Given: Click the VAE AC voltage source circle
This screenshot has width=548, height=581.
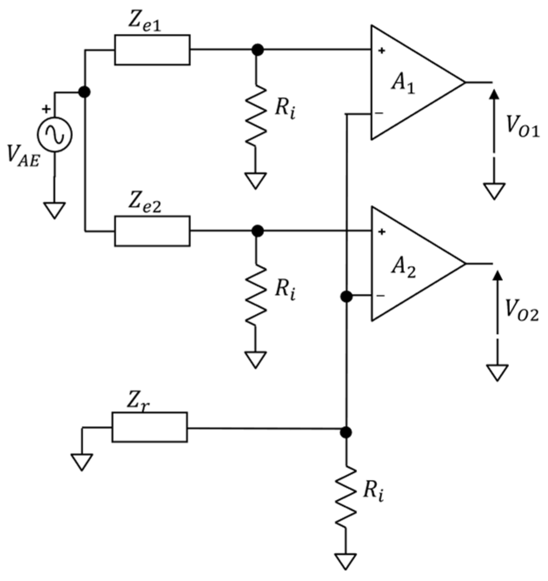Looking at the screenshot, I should pyautogui.click(x=55, y=135).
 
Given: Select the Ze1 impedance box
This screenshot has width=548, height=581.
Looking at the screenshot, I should pyautogui.click(x=152, y=50).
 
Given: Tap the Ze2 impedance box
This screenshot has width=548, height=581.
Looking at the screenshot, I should pyautogui.click(x=152, y=231).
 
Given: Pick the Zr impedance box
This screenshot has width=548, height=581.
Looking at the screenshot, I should pyautogui.click(x=149, y=427).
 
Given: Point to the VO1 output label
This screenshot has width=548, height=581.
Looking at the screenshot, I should pyautogui.click(x=522, y=127).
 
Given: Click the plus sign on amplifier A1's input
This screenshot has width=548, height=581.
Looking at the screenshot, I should pyautogui.click(x=381, y=51).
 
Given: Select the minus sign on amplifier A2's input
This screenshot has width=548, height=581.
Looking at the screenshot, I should pyautogui.click(x=380, y=296).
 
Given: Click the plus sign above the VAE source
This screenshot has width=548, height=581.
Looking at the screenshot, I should pyautogui.click(x=46, y=109).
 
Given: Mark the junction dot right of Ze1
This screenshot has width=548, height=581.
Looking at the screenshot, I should pyautogui.click(x=258, y=50).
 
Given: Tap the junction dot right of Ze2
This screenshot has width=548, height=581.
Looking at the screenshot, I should pyautogui.click(x=258, y=231).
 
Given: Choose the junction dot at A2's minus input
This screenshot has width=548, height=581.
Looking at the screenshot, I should pyautogui.click(x=346, y=296).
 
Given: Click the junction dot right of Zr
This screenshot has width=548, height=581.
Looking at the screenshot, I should pyautogui.click(x=346, y=432).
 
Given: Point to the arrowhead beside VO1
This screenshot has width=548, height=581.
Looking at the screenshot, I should pyautogui.click(x=494, y=95).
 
